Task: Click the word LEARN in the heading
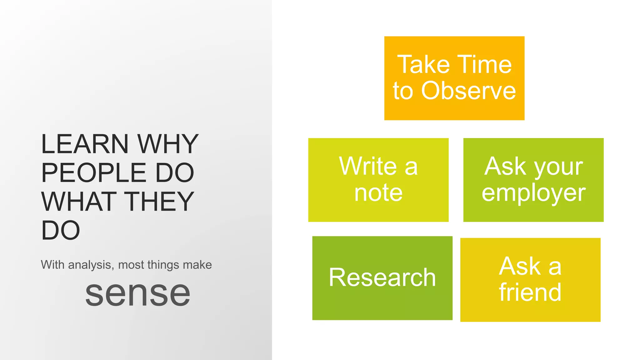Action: (84, 144)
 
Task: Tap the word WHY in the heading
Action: (168, 144)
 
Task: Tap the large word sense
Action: (137, 294)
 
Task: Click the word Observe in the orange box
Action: (468, 91)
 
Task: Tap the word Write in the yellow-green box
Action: (368, 166)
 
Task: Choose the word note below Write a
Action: (378, 193)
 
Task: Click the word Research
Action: (382, 277)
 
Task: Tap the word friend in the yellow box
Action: (530, 292)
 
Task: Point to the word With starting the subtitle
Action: (52, 265)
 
